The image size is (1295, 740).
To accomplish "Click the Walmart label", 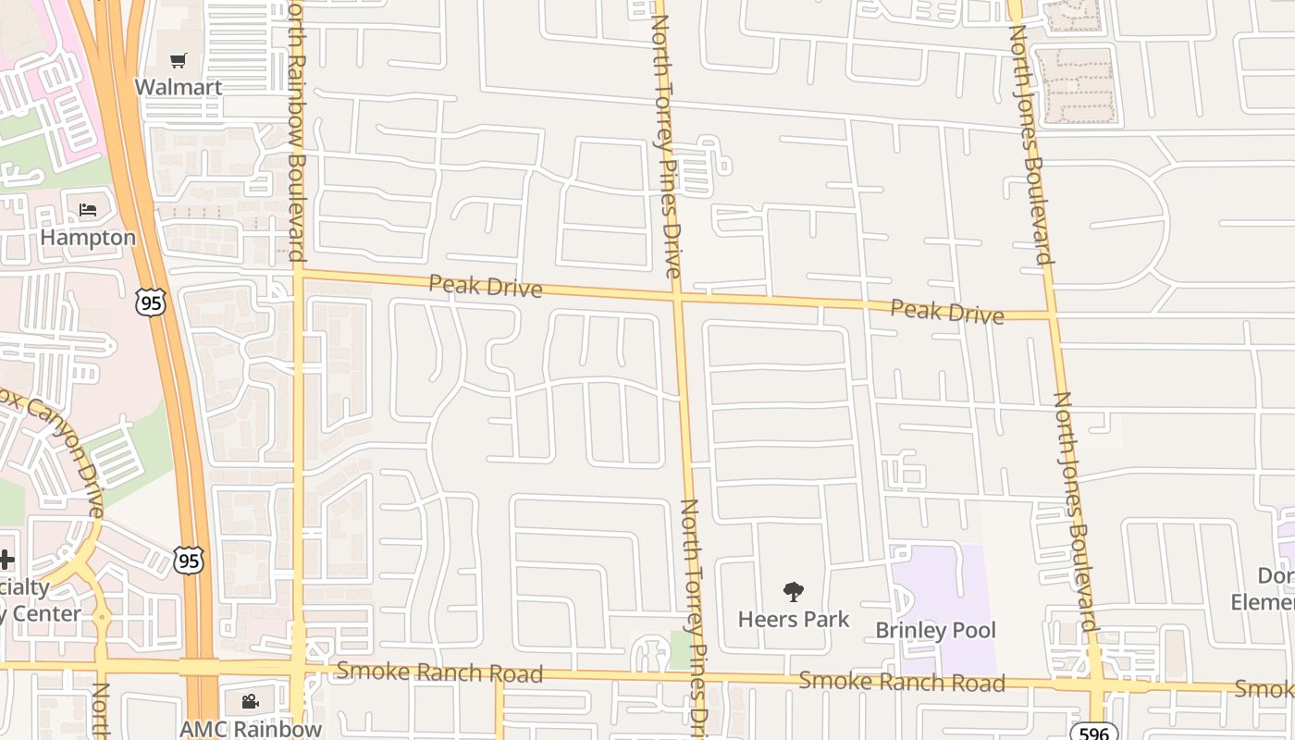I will (179, 88).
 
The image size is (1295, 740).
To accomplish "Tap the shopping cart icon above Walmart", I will (179, 61).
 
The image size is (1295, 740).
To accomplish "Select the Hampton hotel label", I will (88, 238).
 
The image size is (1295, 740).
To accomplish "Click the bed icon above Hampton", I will (88, 210).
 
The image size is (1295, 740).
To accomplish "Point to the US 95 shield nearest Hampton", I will (150, 302).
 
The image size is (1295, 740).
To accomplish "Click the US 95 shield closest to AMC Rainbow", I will (188, 560).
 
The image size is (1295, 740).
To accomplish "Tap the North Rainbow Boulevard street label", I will (296, 129).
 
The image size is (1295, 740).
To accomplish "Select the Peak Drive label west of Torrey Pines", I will (486, 286).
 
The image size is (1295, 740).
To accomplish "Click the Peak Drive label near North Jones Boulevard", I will (946, 312).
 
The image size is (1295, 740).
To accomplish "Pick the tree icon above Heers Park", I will (793, 592).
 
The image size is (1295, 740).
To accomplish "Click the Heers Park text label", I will (794, 619).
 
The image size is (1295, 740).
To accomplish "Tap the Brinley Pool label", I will (935, 631).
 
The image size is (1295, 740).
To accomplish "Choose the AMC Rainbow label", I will (251, 729).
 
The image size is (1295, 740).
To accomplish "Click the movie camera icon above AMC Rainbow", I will (250, 702).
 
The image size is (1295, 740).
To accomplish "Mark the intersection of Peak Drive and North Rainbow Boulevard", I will (298, 271).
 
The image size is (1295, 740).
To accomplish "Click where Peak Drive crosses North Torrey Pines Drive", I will (677, 297).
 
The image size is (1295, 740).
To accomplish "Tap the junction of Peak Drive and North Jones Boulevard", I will (1052, 315).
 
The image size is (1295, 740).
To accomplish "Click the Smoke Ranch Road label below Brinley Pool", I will (902, 683).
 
